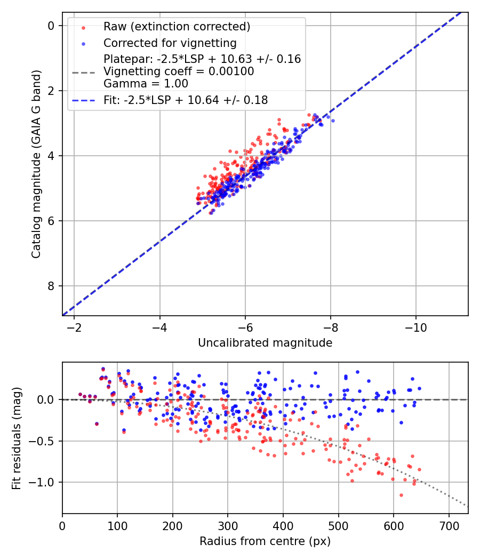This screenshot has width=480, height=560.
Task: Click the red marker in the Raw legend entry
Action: pyautogui.click(x=83, y=27)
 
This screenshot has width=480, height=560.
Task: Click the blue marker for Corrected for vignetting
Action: pyautogui.click(x=83, y=43)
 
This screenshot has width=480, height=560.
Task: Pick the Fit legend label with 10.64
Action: pyautogui.click(x=186, y=100)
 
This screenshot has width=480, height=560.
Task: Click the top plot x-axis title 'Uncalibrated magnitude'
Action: pyautogui.click(x=265, y=343)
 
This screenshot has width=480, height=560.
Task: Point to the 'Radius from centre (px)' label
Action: pyautogui.click(x=265, y=541)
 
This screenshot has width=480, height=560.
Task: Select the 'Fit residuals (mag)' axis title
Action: pyautogui.click(x=16, y=438)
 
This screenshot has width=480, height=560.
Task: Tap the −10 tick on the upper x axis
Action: pyautogui.click(x=416, y=327)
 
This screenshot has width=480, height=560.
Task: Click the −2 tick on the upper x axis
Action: pyautogui.click(x=75, y=327)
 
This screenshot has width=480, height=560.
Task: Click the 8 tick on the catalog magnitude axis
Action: pyautogui.click(x=51, y=286)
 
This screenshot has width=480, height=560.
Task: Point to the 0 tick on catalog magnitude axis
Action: pyautogui.click(x=51, y=26)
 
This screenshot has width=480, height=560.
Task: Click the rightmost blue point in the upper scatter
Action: pyautogui.click(x=333, y=121)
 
